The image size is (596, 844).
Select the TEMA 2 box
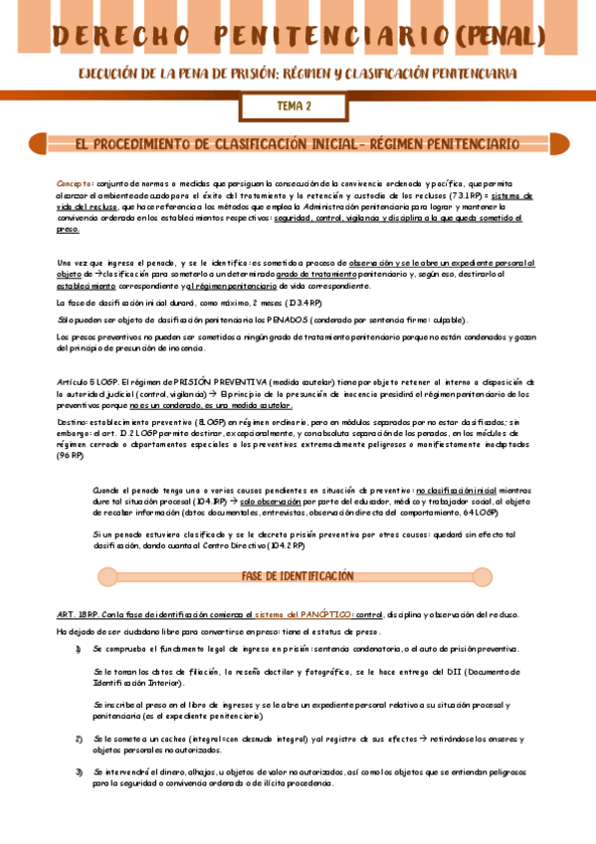tap(294, 105)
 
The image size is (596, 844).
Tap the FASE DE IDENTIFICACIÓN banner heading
tap(298, 576)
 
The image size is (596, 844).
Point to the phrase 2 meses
tap(242, 302)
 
